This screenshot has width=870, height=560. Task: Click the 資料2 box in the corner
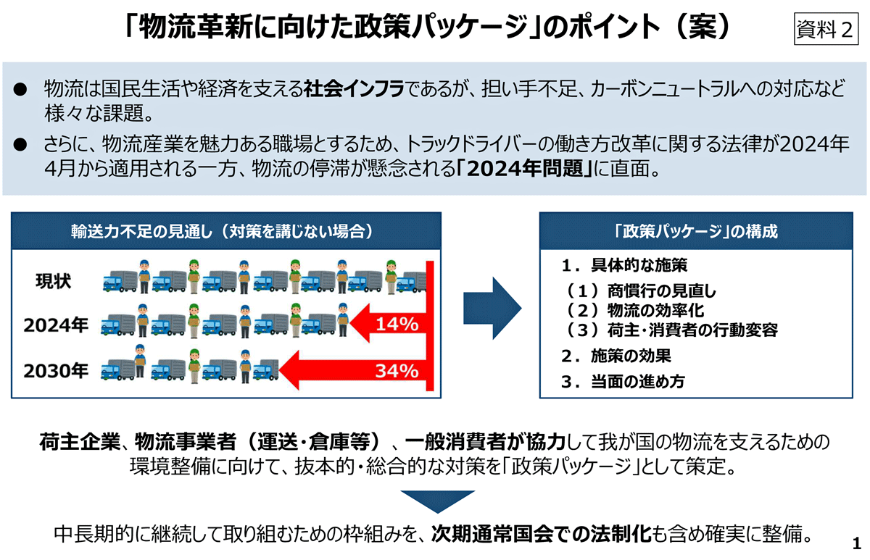click(x=826, y=29)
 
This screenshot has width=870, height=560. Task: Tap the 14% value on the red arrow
click(x=397, y=324)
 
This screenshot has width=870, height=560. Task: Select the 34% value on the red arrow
click(x=397, y=371)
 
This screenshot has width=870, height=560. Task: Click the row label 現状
click(x=53, y=281)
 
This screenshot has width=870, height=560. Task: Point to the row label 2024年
click(x=56, y=325)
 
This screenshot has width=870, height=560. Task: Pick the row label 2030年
click(x=56, y=371)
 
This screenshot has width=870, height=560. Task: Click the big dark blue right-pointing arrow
click(x=492, y=308)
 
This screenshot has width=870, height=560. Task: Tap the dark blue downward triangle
click(x=438, y=501)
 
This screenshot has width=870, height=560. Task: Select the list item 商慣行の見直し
click(x=661, y=291)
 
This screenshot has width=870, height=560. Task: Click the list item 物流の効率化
click(x=655, y=310)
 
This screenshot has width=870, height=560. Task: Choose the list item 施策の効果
click(x=631, y=356)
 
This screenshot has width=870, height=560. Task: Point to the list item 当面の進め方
click(x=638, y=382)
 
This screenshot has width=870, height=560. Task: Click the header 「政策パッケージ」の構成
click(x=696, y=231)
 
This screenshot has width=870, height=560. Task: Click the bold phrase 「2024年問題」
click(x=525, y=168)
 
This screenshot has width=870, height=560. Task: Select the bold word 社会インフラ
click(x=354, y=89)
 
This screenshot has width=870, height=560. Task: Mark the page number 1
click(x=857, y=543)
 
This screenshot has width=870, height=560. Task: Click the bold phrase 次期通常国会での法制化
click(x=541, y=534)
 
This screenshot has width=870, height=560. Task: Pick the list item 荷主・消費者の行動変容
click(x=692, y=330)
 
